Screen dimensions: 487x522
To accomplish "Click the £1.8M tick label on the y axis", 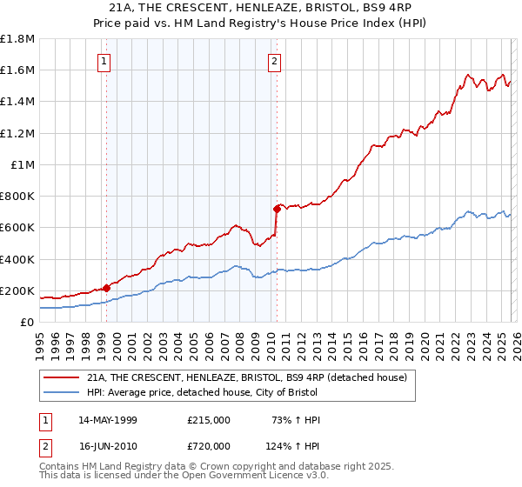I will click(x=17, y=39).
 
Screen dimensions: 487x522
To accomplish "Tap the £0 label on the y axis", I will click(x=27, y=322).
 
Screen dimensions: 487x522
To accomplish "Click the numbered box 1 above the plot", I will click(x=104, y=61).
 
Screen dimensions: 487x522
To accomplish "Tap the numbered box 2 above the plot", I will click(x=274, y=61).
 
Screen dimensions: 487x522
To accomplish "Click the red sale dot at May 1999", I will click(x=106, y=288).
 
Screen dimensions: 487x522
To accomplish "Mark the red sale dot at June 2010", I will click(x=277, y=209).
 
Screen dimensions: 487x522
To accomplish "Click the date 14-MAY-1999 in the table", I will click(x=113, y=420).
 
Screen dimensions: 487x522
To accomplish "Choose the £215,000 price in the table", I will click(x=208, y=420).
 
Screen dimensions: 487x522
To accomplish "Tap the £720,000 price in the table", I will click(x=208, y=445).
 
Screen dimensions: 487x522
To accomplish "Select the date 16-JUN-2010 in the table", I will click(x=113, y=445).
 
